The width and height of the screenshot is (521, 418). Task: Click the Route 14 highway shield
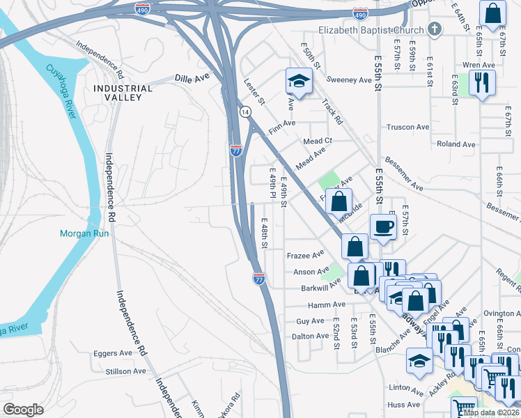click(244, 111)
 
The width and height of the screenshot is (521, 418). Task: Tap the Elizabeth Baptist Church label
click(371, 30)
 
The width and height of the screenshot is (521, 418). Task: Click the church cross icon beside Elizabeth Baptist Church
click(435, 29)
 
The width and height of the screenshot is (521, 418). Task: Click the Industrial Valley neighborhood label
click(123, 93)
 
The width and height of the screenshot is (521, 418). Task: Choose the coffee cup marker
click(383, 226)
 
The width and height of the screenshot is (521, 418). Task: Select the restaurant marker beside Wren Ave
click(481, 82)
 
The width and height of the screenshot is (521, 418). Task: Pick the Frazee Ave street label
click(305, 255)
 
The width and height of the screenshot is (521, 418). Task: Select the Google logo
click(23, 410)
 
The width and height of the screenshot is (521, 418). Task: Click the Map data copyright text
click(490, 412)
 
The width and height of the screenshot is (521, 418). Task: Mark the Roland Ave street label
click(456, 144)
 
